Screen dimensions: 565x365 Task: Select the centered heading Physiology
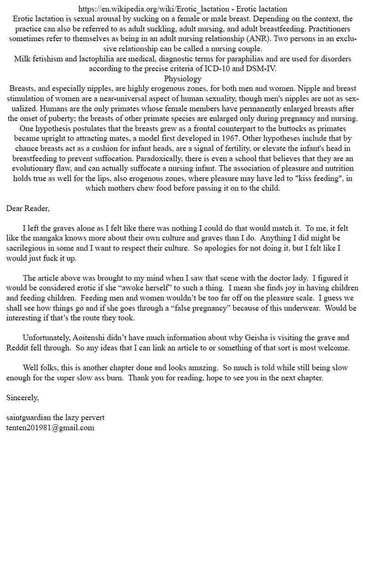(182, 79)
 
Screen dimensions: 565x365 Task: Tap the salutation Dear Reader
(28, 208)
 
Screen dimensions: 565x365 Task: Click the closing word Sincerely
(22, 398)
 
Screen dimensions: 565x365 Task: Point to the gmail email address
(50, 428)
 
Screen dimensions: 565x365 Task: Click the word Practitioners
(327, 29)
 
